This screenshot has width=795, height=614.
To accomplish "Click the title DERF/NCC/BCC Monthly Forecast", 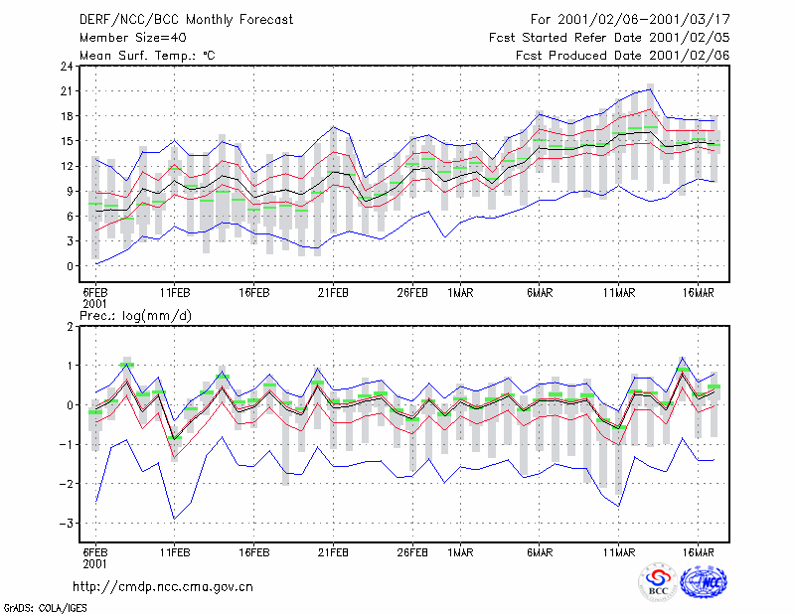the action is point(186,20).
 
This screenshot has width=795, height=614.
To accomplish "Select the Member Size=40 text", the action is point(133,38).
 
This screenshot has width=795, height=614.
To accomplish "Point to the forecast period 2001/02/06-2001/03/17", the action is point(644,20).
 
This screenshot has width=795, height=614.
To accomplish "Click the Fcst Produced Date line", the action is point(623,56).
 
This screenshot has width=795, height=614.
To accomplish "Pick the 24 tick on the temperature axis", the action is point(67,66).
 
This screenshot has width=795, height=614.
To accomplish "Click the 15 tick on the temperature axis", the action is point(67,141).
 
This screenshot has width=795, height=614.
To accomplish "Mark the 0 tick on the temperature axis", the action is point(70,265).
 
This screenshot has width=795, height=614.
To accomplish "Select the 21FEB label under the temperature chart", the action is point(333,293).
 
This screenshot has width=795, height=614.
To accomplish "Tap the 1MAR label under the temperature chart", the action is point(460,293).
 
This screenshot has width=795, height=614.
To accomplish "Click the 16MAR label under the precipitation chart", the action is point(699,552).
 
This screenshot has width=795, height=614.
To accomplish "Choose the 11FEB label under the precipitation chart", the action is point(175,552).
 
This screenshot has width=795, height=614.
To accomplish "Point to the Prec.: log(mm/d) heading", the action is point(136,316).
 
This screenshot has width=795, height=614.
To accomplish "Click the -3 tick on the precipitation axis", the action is point(67,523).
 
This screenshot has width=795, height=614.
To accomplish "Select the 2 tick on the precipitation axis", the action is point(70,326).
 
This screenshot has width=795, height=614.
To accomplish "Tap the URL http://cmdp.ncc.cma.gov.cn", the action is point(163,587).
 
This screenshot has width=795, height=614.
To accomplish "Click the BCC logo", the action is point(658,582).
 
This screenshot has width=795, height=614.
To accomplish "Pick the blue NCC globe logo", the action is point(704,582).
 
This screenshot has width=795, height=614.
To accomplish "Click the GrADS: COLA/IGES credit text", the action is point(45,608).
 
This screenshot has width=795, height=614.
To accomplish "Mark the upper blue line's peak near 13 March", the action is point(651,89).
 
